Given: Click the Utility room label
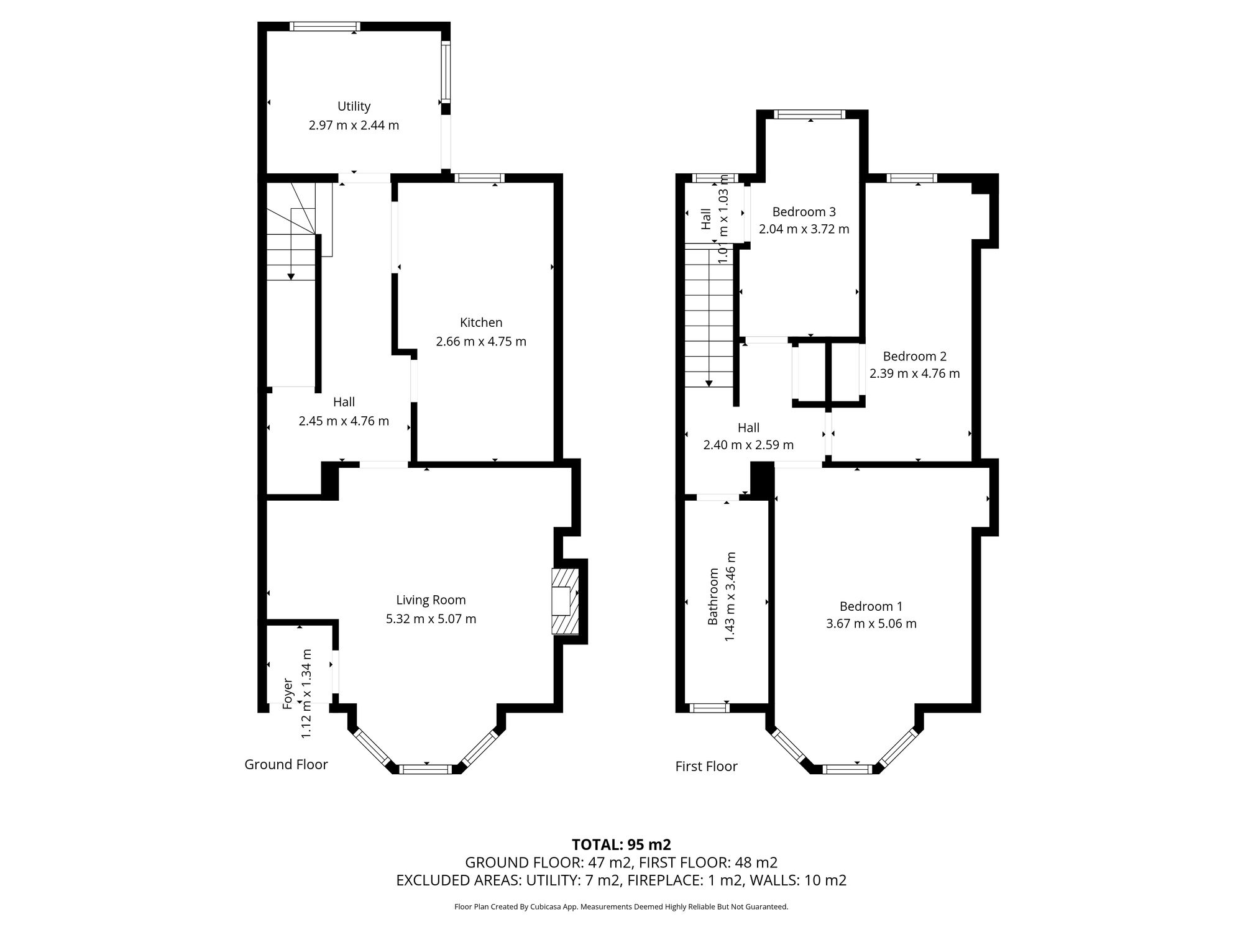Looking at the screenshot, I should (354, 106).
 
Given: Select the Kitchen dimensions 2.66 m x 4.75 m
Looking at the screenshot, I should (481, 341).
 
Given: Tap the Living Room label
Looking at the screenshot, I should (431, 600).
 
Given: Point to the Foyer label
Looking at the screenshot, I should (288, 693).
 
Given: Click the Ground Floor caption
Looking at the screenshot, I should (286, 764).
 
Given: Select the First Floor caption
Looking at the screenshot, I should (706, 766).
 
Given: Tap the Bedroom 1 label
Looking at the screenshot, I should (871, 606).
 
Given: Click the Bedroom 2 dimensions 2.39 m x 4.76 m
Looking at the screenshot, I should (914, 373).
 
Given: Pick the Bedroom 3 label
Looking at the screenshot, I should (804, 211).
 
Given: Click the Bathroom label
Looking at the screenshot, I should (713, 596).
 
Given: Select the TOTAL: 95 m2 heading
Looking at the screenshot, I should (621, 844).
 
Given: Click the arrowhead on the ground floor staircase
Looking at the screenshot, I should (291, 276).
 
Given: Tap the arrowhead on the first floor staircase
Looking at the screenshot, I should (710, 383).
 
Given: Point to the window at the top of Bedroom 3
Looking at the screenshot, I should (810, 114).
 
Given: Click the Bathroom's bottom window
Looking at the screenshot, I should (710, 707).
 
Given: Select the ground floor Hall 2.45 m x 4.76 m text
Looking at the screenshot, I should (344, 421).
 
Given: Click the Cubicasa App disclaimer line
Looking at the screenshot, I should (621, 907).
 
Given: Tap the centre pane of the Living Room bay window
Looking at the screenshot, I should (426, 769).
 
